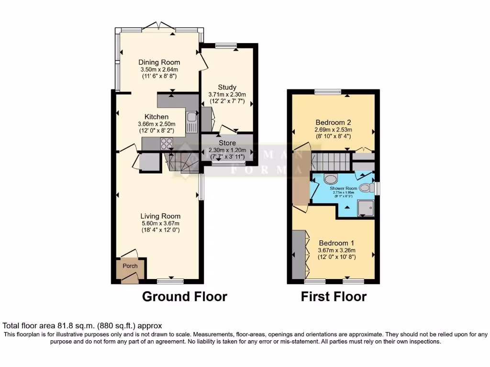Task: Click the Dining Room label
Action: pos(159,62)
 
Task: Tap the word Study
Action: pos(227,87)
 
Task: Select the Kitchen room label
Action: pos(157,117)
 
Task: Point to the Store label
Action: pos(227,143)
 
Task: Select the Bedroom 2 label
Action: pos(333,121)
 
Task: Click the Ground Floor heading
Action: pos(184,297)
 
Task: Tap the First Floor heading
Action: pos(334,297)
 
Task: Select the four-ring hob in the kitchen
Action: pos(167,142)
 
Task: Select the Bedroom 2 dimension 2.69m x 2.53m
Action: pos(333,129)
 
